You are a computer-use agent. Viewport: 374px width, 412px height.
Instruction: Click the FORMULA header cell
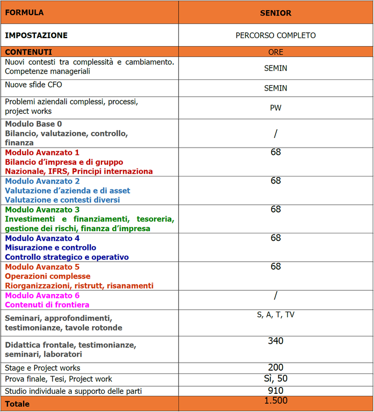click(x=25, y=12)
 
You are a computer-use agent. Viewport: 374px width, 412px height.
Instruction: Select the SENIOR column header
click(x=276, y=13)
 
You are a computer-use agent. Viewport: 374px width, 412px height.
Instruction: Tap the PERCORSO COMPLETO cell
click(x=276, y=35)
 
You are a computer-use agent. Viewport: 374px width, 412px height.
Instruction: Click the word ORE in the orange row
click(x=276, y=52)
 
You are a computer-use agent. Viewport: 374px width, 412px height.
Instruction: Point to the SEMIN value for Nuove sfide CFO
click(x=276, y=88)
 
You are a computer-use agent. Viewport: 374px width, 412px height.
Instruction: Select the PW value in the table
click(x=276, y=107)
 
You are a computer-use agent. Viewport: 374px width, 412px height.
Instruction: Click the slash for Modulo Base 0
click(x=276, y=134)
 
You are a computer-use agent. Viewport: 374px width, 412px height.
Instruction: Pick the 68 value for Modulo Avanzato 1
click(x=276, y=152)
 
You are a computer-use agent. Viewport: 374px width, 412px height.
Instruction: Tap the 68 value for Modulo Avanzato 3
click(x=276, y=209)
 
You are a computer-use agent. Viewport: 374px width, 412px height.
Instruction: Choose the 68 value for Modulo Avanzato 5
click(x=276, y=267)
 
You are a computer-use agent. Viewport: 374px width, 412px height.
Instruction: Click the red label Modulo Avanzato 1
click(x=42, y=152)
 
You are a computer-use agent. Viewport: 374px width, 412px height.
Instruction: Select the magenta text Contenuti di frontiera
click(x=47, y=305)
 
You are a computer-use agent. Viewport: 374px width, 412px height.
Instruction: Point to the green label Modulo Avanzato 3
click(x=42, y=210)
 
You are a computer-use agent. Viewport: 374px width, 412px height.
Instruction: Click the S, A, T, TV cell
click(x=276, y=314)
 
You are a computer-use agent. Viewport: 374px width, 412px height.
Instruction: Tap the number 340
click(x=276, y=341)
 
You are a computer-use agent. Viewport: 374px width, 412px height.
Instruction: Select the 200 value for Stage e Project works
click(x=276, y=367)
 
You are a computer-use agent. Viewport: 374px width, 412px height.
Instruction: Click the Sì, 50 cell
click(x=276, y=379)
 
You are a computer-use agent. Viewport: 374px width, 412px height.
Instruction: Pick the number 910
click(x=276, y=391)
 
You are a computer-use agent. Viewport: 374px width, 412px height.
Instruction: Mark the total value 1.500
click(x=276, y=401)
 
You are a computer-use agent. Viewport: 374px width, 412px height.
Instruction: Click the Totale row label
click(x=17, y=404)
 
